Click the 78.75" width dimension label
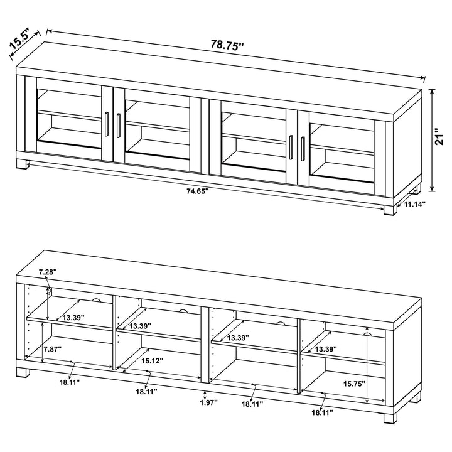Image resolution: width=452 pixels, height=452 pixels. click(x=227, y=45)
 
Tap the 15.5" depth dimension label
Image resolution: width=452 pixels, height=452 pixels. click(x=19, y=41)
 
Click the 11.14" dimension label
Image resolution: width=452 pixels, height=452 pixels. click(x=415, y=205)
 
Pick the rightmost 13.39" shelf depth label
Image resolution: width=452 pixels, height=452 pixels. click(x=326, y=348)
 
